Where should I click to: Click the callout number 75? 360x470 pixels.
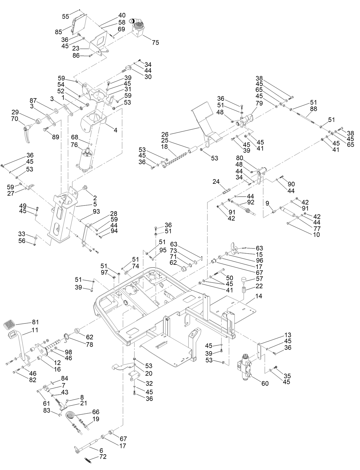(x=155, y=43)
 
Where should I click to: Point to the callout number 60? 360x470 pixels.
(x=265, y=383)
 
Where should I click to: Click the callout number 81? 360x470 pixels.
(x=35, y=322)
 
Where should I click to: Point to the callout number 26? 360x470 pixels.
(x=165, y=134)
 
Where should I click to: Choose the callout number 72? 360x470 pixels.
(x=103, y=457)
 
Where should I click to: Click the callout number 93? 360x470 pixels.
(x=96, y=211)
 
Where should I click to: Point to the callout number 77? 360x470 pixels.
(x=317, y=228)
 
